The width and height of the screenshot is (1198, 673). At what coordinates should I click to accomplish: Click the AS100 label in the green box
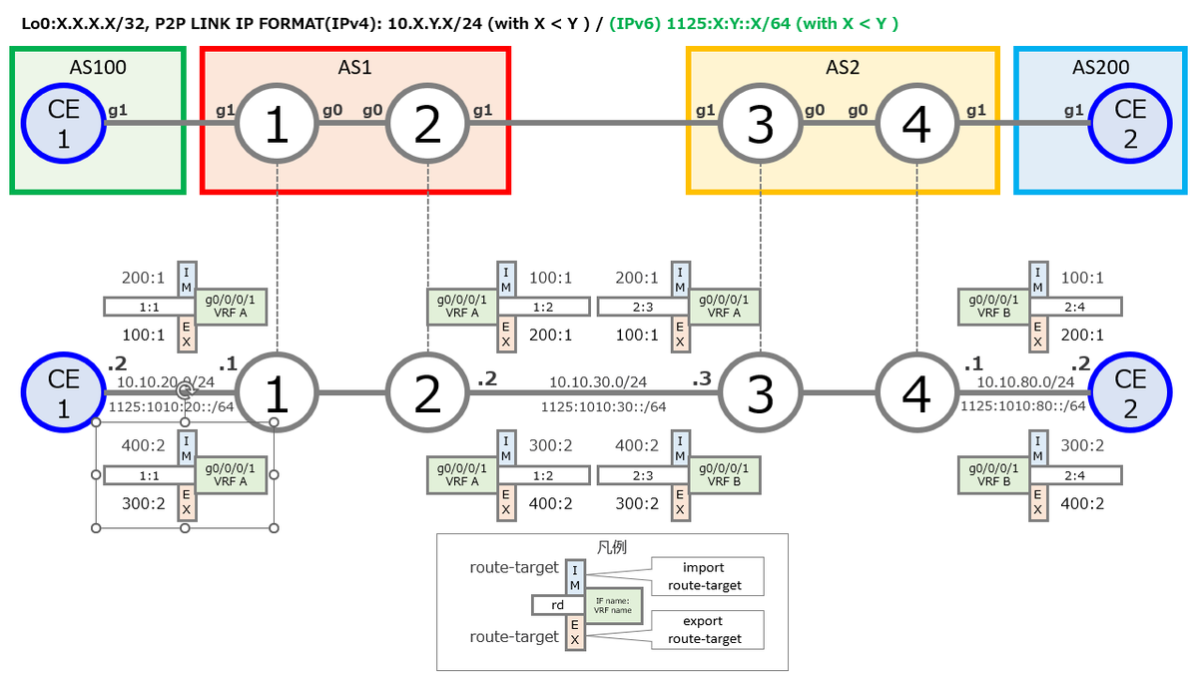(98, 68)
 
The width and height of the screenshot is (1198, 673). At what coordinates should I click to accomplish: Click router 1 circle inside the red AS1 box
(277, 125)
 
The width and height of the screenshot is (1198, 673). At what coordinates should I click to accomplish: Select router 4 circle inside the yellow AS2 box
(916, 125)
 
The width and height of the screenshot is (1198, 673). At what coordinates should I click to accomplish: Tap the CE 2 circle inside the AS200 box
(1129, 125)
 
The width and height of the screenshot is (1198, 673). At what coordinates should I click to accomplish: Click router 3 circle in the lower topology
(761, 393)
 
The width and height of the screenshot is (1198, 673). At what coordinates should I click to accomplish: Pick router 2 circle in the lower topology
(427, 393)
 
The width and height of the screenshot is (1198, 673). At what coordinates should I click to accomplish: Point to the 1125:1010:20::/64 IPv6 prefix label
(174, 406)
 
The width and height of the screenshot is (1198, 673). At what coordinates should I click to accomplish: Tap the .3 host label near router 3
(703, 379)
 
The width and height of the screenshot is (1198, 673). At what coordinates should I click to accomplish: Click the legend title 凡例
(612, 547)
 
